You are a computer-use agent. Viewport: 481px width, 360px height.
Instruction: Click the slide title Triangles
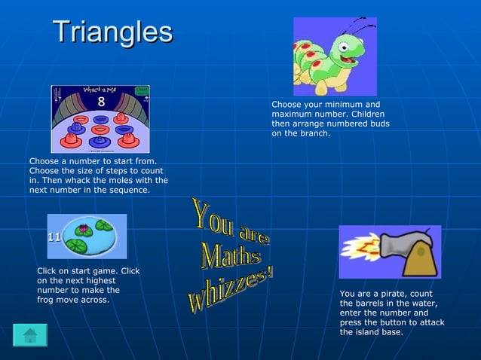click(x=112, y=32)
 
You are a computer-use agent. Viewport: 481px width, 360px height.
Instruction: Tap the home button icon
click(x=30, y=335)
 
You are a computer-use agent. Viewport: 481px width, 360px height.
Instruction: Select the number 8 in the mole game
click(x=101, y=101)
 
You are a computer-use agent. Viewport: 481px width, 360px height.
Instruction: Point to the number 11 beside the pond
click(x=54, y=236)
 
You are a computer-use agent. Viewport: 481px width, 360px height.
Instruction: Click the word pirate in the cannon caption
click(x=395, y=294)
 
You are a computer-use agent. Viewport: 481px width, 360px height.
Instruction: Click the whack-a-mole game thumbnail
click(x=100, y=119)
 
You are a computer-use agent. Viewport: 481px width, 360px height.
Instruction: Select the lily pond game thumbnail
click(x=87, y=236)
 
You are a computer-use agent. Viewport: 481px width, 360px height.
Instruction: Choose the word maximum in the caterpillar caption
click(x=293, y=114)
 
